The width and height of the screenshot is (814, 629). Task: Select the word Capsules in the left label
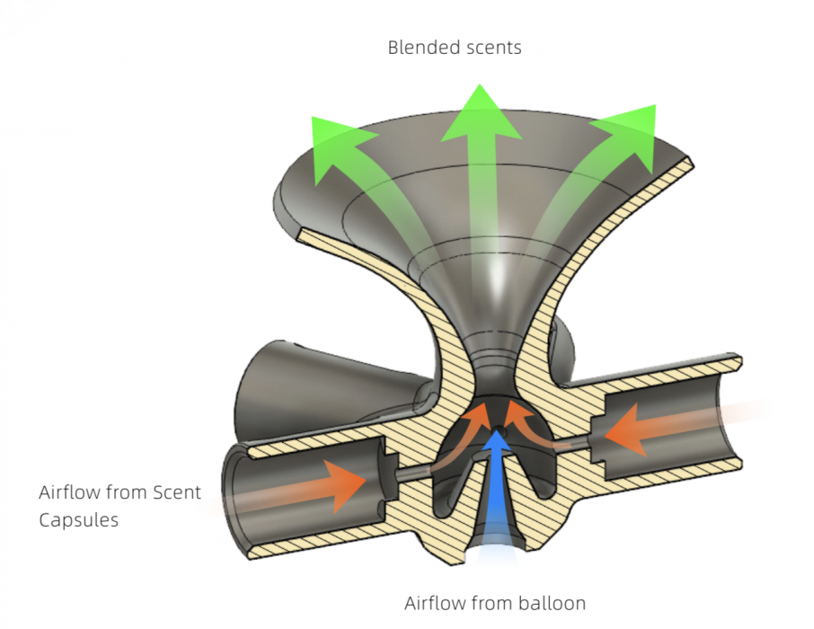tap(78, 519)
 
